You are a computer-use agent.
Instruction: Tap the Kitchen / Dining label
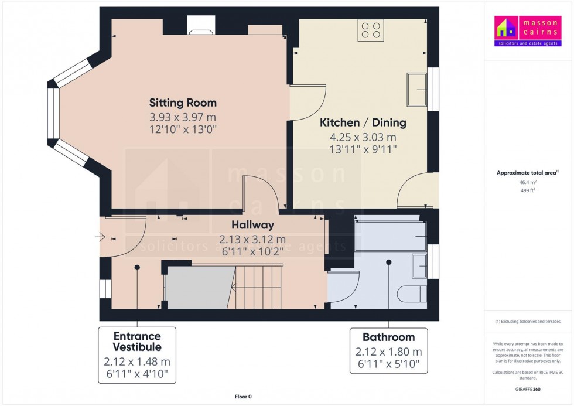click(x=363, y=123)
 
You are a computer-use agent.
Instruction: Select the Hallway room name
click(x=252, y=225)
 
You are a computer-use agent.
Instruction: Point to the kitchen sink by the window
click(x=418, y=90)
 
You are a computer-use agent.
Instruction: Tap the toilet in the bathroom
click(x=412, y=293)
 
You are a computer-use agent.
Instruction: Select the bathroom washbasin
click(x=419, y=266)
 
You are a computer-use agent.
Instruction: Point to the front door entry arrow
click(x=100, y=237)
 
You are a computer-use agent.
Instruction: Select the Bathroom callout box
click(x=388, y=350)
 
